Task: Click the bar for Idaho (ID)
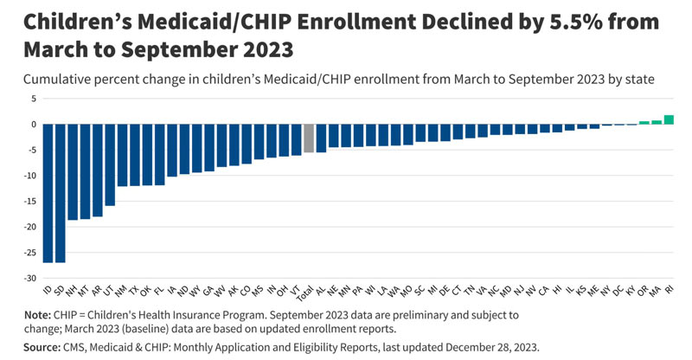[48, 194]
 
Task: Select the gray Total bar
[309, 138]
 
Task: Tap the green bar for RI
[669, 119]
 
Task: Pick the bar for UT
[110, 164]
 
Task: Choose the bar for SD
[60, 194]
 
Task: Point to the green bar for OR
[644, 123]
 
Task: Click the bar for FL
[160, 155]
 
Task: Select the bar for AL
[321, 138]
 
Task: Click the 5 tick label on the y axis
[34, 99]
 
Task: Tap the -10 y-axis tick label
[30, 176]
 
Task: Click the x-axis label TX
[133, 291]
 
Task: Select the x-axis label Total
[305, 293]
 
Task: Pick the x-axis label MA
[656, 291]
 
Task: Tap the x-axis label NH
[71, 291]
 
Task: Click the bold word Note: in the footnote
[37, 315]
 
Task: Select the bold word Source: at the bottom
[42, 347]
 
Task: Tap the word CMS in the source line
[74, 347]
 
